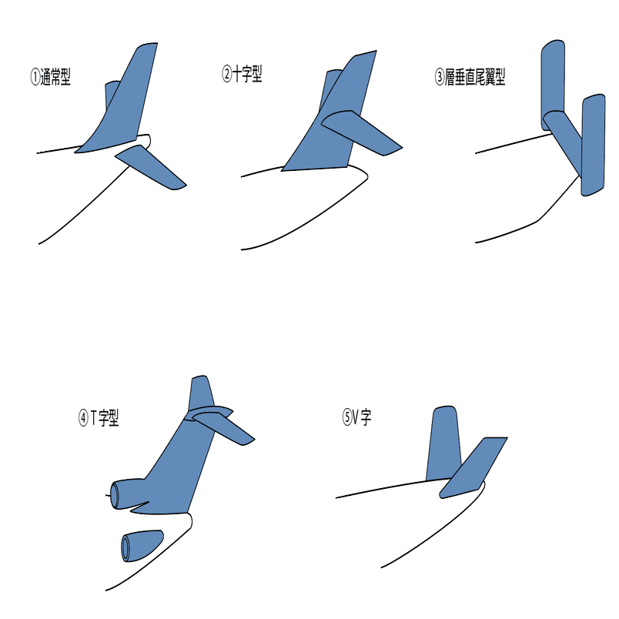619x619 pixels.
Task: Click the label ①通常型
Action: click(x=51, y=77)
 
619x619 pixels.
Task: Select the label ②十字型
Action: click(x=242, y=74)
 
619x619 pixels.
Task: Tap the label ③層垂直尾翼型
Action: click(x=470, y=77)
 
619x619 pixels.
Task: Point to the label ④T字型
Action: click(x=99, y=417)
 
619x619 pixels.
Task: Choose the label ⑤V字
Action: click(x=356, y=417)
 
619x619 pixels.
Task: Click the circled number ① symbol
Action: click(x=35, y=77)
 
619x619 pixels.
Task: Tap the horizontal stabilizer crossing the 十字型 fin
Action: click(x=361, y=132)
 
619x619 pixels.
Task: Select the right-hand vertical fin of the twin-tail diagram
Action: click(x=593, y=146)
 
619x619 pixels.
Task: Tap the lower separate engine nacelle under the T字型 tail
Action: click(x=142, y=546)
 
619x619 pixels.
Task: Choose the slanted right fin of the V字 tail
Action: click(x=473, y=468)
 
